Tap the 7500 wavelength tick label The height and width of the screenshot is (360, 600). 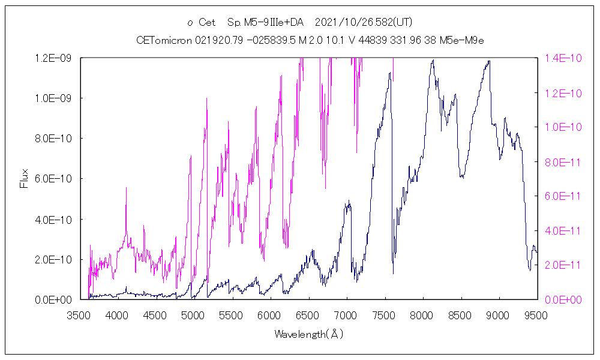click(385, 314)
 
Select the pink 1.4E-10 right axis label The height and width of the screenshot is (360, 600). click(560, 58)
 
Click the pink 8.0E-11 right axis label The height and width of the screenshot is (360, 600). click(560, 161)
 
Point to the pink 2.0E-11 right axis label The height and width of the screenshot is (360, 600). click(560, 265)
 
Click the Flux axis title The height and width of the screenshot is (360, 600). click(25, 179)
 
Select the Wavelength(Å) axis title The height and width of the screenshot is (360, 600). click(308, 334)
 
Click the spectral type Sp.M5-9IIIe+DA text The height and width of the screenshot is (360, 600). click(266, 23)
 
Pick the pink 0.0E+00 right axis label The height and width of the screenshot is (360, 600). click(560, 299)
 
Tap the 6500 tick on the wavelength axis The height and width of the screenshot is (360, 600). click(308, 314)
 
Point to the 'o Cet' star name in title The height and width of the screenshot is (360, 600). click(201, 23)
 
